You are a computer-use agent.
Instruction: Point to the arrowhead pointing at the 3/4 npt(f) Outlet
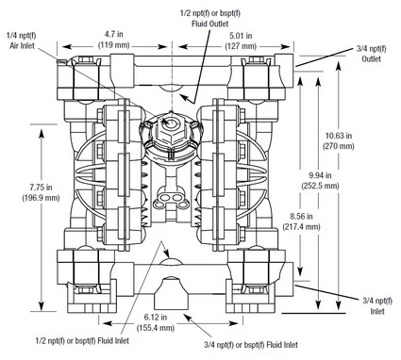click(304, 65)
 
